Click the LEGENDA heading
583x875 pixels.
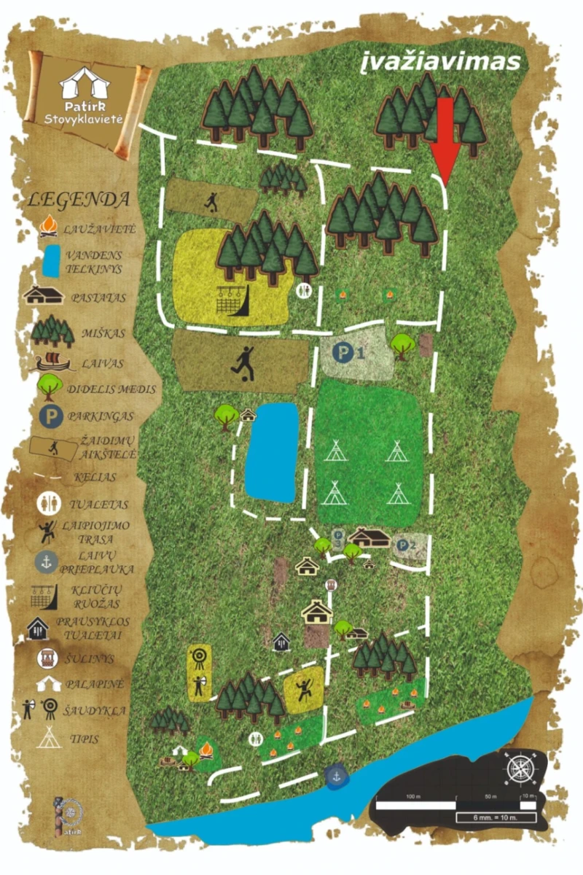coord(79,199)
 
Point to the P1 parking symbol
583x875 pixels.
coord(341,353)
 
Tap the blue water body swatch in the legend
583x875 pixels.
coord(51,261)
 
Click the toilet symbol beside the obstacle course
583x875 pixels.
coord(303,290)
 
